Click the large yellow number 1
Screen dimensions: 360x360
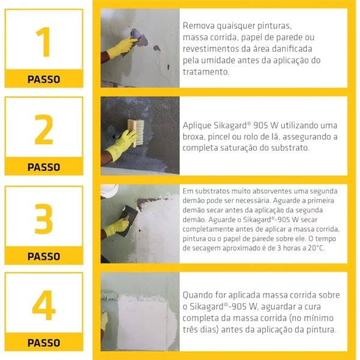pyautogui.click(x=44, y=42)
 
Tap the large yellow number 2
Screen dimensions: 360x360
pyautogui.click(x=44, y=130)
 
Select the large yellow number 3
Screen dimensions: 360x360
pyautogui.click(x=44, y=218)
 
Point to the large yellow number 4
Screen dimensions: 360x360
pyautogui.click(x=44, y=305)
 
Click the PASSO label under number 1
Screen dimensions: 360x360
pyautogui.click(x=44, y=79)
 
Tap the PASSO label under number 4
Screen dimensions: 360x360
pyautogui.click(x=44, y=343)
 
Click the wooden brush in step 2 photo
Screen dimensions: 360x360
pyautogui.click(x=136, y=133)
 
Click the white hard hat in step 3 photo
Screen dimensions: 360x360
pyautogui.click(x=109, y=190)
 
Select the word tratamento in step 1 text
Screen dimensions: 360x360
pyautogui.click(x=206, y=72)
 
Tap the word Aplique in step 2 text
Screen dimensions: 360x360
pyautogui.click(x=197, y=125)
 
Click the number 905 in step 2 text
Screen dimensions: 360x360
pyautogui.click(x=260, y=125)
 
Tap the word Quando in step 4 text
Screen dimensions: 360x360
pyautogui.click(x=197, y=295)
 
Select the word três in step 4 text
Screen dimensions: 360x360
pyautogui.click(x=190, y=329)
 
